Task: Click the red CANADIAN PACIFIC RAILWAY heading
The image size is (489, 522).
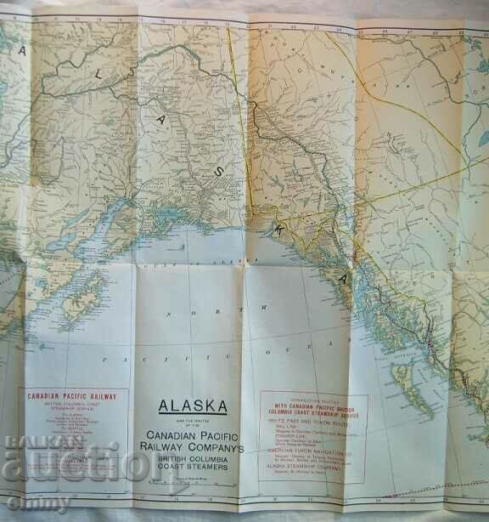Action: pyautogui.click(x=73, y=397)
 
